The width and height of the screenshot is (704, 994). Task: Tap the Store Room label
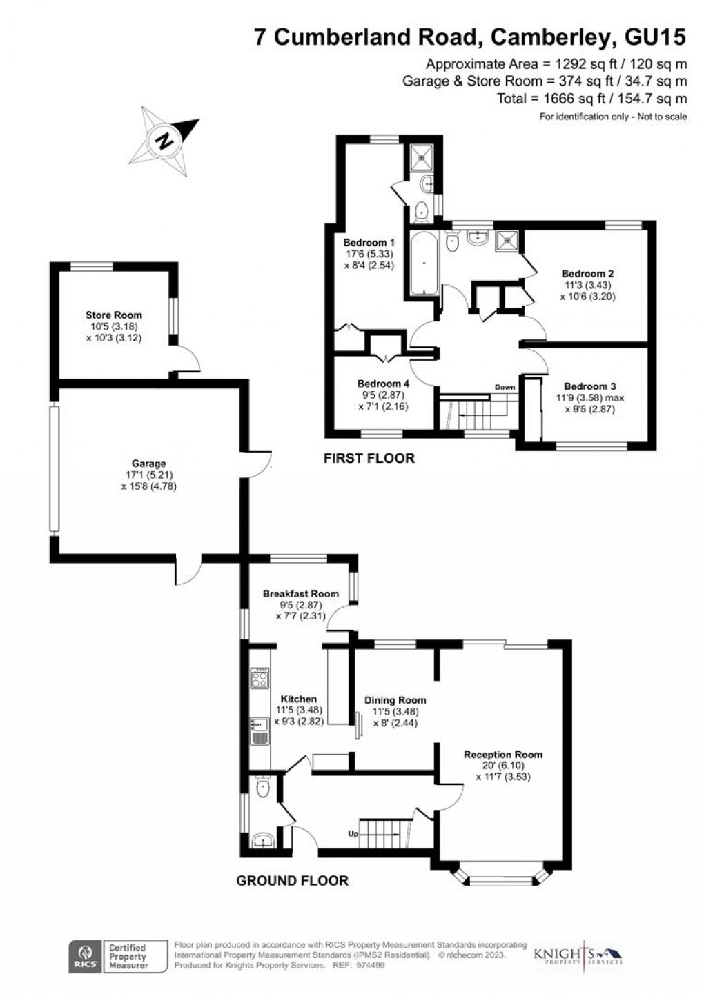point(114,315)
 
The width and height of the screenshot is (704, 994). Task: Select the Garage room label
point(149,464)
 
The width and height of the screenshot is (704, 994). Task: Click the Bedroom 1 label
point(369,243)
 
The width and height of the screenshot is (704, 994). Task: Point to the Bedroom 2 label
point(587,273)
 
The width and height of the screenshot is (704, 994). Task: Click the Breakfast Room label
point(300,593)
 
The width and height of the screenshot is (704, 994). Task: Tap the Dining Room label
point(395,700)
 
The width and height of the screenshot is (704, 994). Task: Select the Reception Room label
point(502,754)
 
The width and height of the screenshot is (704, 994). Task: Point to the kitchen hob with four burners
point(260,679)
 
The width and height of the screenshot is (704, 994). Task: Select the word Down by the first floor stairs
point(505,387)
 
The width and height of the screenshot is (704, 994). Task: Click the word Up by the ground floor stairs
point(353,833)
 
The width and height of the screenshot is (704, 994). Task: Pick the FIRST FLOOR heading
point(369,458)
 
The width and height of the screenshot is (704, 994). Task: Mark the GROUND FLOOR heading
point(292,880)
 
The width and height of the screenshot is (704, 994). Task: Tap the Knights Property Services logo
point(578,956)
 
